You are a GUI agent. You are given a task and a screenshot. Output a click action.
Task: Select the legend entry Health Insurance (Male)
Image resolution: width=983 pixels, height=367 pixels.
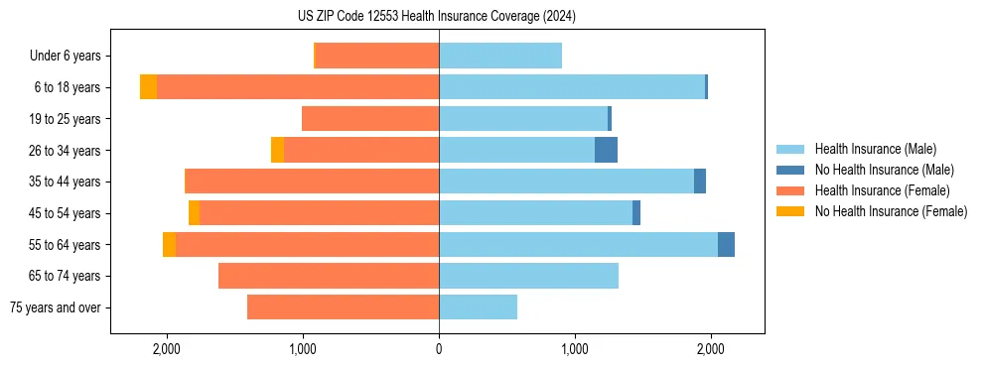(x=875, y=149)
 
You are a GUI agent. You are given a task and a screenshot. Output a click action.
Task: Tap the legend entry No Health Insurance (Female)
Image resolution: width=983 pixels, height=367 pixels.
(x=891, y=211)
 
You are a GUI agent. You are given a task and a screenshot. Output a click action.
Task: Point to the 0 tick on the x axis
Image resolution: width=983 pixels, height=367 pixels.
(x=439, y=349)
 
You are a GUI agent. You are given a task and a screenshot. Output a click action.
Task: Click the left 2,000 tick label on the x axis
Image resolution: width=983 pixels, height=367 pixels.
(x=166, y=349)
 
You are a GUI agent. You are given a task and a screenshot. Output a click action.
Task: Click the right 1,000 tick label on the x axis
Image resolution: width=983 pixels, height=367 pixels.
(x=574, y=349)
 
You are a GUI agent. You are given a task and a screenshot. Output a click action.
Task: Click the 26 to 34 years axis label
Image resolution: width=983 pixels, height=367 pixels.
(x=67, y=151)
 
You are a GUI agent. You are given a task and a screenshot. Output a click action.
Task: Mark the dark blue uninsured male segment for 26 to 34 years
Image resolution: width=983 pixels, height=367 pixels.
(x=606, y=150)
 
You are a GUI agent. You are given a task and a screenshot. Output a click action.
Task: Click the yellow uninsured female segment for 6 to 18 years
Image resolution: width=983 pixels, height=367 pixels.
(x=148, y=87)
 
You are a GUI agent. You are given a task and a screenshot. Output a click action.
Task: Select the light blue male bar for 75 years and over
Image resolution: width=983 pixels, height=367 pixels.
(x=478, y=307)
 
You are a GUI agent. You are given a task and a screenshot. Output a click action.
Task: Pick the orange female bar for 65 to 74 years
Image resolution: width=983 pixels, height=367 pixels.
(x=329, y=276)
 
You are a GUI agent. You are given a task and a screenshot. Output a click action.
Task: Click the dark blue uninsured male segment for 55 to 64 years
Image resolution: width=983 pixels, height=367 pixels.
(x=726, y=244)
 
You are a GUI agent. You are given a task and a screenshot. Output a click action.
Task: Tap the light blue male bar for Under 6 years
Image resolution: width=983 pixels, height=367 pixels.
(x=500, y=57)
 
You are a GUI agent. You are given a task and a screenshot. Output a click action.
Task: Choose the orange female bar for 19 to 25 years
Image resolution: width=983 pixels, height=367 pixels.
(x=370, y=119)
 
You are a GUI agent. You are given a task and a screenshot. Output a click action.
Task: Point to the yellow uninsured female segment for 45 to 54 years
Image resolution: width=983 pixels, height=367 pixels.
(x=194, y=213)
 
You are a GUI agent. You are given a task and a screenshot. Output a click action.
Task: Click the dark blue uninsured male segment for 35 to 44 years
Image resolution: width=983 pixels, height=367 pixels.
(x=700, y=182)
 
